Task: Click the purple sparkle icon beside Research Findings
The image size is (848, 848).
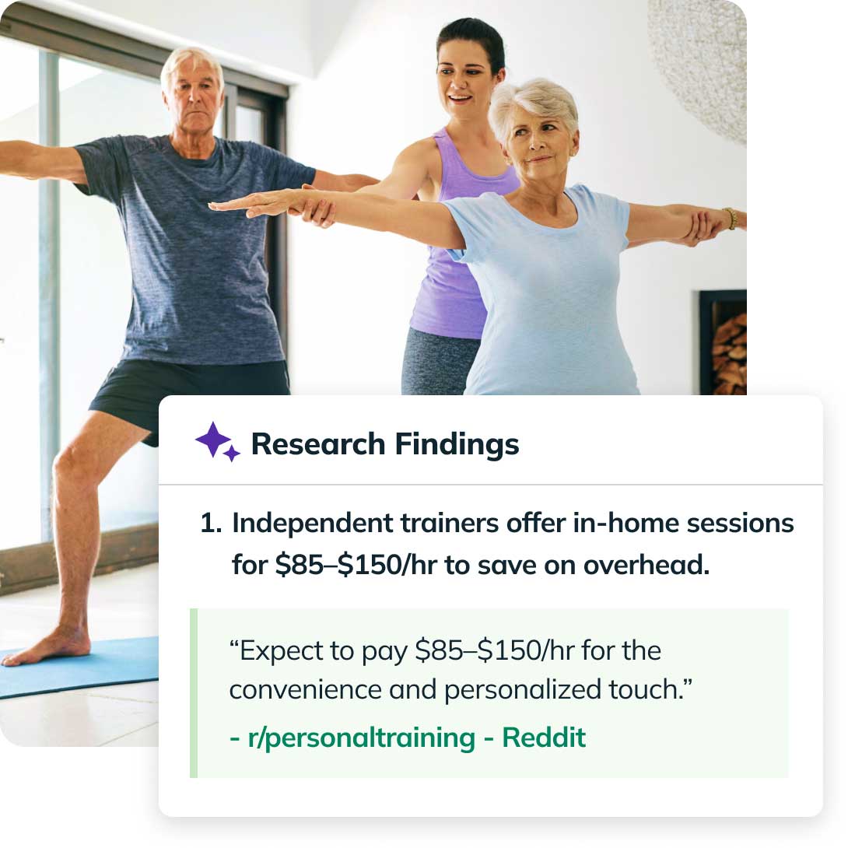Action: [x=216, y=441]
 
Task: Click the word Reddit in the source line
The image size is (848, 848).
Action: [x=544, y=738]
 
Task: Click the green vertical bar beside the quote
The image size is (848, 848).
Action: [x=194, y=692]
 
